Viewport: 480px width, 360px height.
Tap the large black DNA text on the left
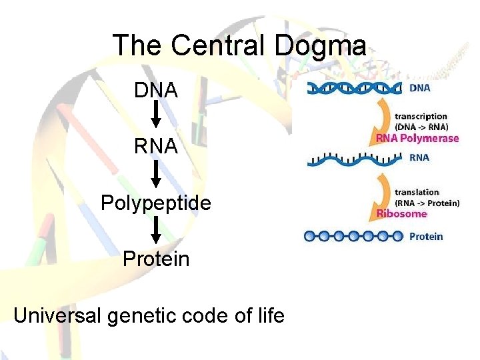point(156,89)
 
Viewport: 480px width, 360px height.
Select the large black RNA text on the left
point(156,146)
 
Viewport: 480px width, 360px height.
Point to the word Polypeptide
point(156,203)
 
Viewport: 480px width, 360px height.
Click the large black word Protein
point(156,259)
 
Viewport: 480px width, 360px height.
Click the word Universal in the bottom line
point(56,315)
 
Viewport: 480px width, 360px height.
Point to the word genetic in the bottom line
point(143,315)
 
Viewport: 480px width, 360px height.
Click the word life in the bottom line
point(269,315)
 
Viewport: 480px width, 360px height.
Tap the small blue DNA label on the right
point(419,87)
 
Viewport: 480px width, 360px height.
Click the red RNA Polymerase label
point(418,139)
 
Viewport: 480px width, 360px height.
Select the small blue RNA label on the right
point(419,158)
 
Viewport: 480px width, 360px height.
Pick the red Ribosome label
point(401,214)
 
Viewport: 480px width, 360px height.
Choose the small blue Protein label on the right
point(425,236)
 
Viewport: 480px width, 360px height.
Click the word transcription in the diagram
point(421,117)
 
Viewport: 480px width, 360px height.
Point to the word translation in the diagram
point(417,192)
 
